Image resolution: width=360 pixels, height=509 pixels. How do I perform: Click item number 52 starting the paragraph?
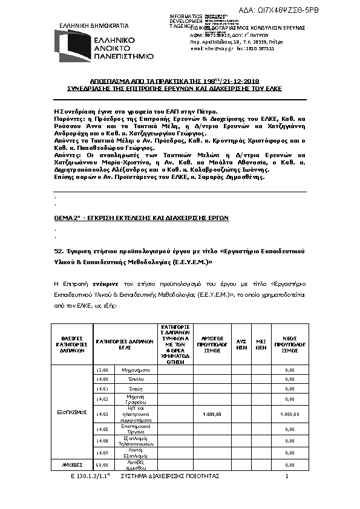click(x=58, y=250)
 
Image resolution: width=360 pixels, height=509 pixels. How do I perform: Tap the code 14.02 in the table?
click(x=102, y=398)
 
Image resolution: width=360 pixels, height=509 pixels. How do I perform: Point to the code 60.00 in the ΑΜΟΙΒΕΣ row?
click(x=102, y=465)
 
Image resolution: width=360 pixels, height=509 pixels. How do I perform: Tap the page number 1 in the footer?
click(x=287, y=477)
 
